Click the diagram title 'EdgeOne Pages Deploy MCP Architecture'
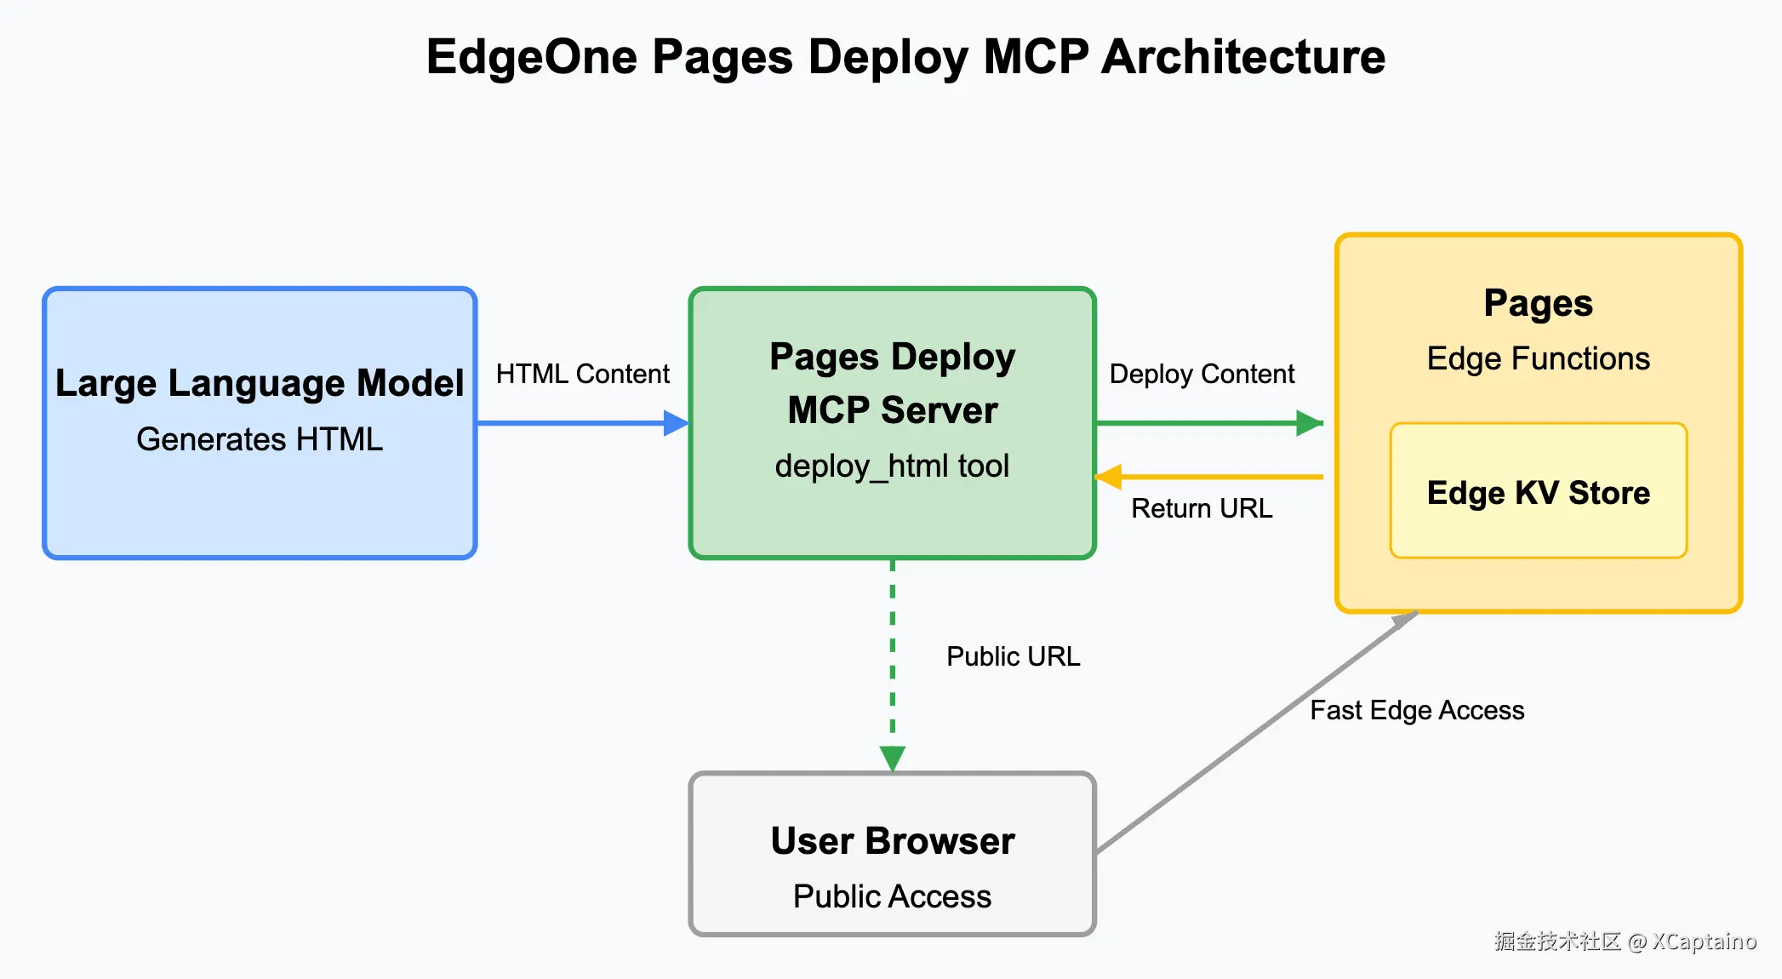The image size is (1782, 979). point(905,58)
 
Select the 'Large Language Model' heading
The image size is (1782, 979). point(260,383)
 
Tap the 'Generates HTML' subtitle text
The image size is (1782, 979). point(260,439)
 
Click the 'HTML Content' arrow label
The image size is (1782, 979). point(583,374)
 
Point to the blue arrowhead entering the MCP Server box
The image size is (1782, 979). point(677,423)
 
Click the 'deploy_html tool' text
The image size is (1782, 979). point(892,467)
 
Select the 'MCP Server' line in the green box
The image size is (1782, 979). point(893,410)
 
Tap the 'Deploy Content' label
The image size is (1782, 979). point(1202,374)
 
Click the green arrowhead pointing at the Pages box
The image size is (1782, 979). point(1310,423)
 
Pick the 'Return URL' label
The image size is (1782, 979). point(1202,508)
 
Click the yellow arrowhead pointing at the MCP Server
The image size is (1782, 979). point(1108,477)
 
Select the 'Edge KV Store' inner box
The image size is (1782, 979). point(1539,490)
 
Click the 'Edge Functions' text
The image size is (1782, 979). point(1539,358)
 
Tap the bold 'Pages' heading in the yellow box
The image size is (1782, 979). point(1539,304)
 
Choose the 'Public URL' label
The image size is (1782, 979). point(1014,656)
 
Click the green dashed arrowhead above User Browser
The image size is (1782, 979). point(893,759)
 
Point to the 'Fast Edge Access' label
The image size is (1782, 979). point(1417,710)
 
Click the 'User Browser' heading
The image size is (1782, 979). point(893,841)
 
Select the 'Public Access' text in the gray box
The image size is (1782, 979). point(893,896)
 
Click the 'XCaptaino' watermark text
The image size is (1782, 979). point(1705,942)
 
